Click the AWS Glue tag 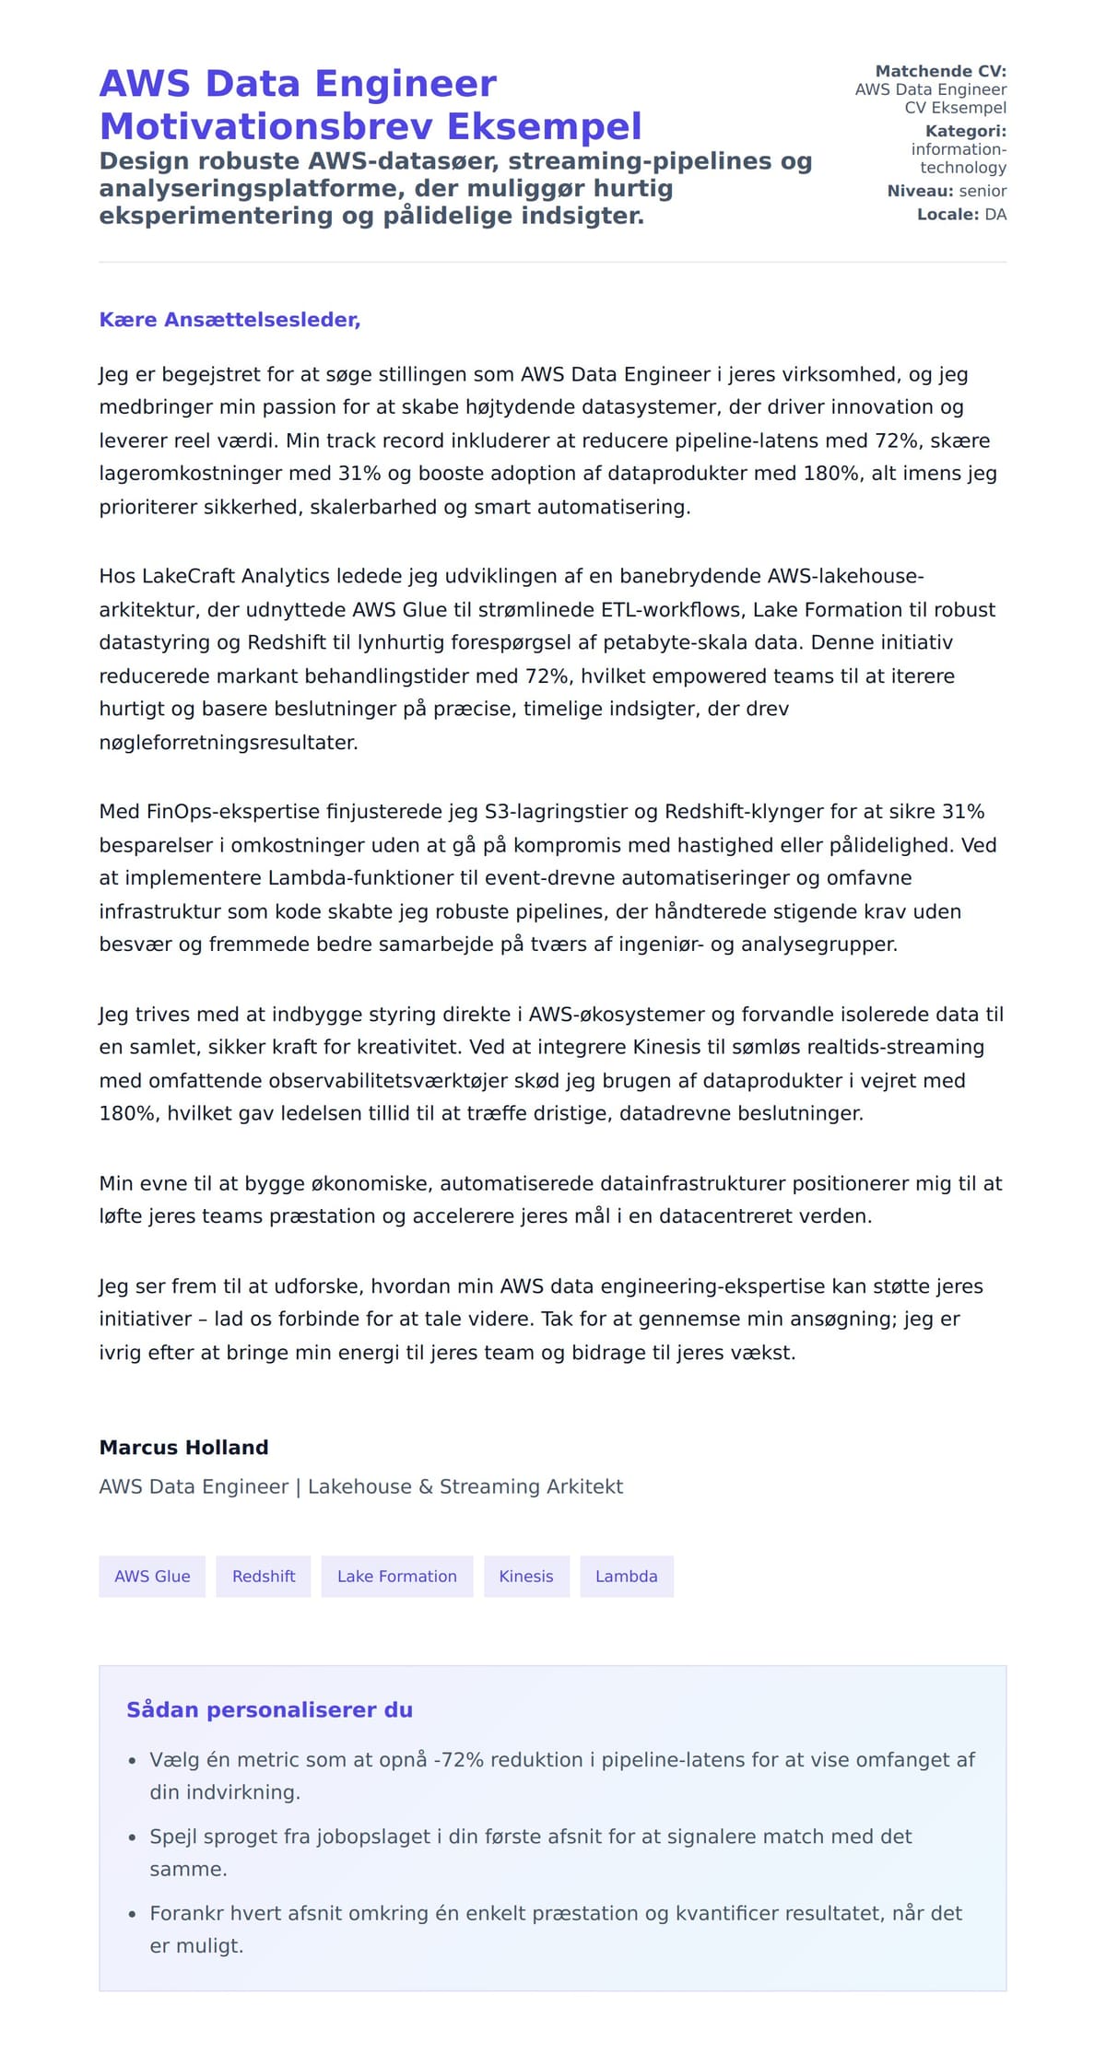point(152,1576)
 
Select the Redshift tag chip point(264,1576)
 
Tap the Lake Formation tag point(396,1576)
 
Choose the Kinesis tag point(526,1576)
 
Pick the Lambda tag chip point(627,1576)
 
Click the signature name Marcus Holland point(183,1447)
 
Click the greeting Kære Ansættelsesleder point(229,320)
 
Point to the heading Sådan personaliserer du point(269,1709)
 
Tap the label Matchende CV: point(940,71)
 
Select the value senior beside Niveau point(982,191)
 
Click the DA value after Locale point(995,215)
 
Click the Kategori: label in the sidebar point(965,131)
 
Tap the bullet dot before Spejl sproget point(133,1837)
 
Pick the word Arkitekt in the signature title point(585,1486)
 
